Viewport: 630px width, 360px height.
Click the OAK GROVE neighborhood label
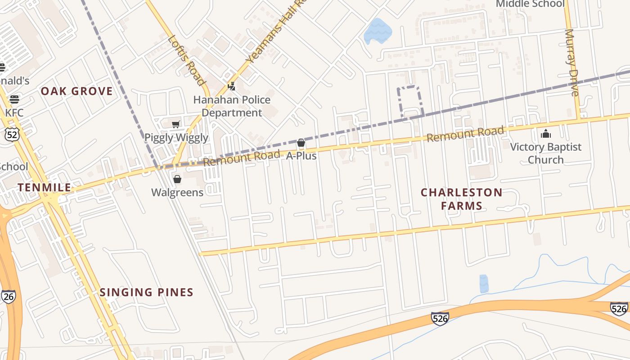coord(76,91)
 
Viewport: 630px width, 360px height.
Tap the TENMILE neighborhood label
coord(44,188)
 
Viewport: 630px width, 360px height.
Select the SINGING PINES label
coord(146,292)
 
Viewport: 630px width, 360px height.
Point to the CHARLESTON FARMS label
coord(461,199)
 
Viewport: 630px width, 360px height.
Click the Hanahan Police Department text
coord(232,106)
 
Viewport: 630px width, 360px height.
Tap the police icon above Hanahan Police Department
coord(232,86)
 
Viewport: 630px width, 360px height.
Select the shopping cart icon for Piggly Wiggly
coord(176,124)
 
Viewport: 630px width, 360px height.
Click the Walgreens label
coord(177,193)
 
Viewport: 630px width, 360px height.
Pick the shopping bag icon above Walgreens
coord(177,180)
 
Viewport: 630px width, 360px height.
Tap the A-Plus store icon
coord(301,143)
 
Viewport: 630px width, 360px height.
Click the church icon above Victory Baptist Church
coord(545,134)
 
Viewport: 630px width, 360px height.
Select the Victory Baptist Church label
coord(545,153)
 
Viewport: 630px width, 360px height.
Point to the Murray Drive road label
coord(571,63)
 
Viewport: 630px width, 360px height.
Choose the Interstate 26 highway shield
coord(8,297)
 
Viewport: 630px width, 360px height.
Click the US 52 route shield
coord(11,134)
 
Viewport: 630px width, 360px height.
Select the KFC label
coord(14,112)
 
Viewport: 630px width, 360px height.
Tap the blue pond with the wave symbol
coord(378,31)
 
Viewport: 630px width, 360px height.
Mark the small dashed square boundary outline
coord(410,102)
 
